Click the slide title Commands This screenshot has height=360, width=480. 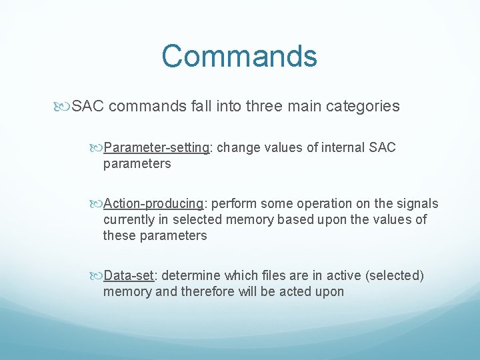pos(239,56)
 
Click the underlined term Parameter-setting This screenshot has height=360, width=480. pos(157,147)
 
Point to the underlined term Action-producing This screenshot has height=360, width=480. pos(154,203)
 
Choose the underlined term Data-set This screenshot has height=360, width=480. pos(131,275)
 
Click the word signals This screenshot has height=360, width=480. pos(418,203)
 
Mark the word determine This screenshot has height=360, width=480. pos(190,275)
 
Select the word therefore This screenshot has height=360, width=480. pos(208,291)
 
